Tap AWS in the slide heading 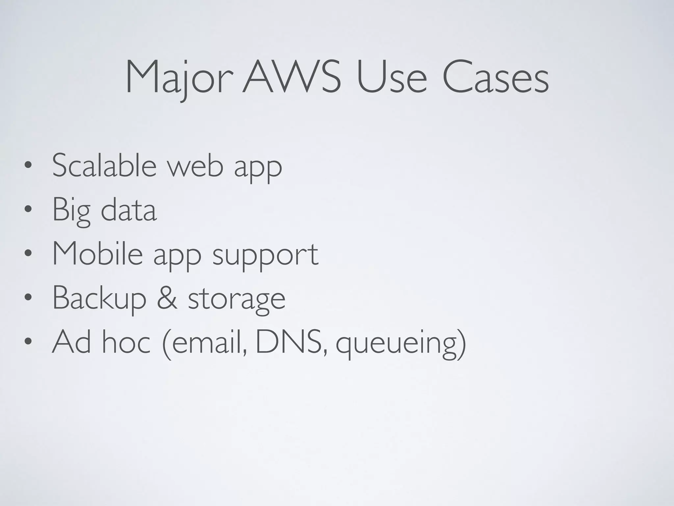(292, 77)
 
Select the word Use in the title (392, 78)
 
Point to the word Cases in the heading (495, 78)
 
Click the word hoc (126, 343)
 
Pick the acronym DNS (291, 343)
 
